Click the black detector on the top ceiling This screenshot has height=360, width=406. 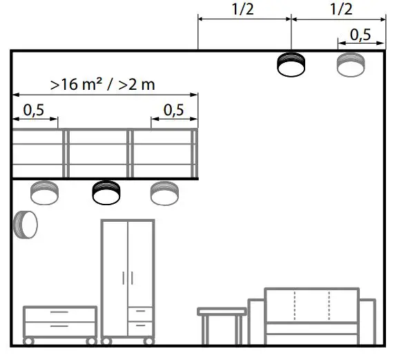point(290,64)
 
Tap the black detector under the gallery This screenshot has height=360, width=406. point(106,191)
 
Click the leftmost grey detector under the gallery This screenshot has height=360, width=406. point(46,191)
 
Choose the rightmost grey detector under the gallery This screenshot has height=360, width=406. point(165,191)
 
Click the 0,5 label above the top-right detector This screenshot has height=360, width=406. point(359,34)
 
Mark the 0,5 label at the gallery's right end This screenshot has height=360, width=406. point(174,109)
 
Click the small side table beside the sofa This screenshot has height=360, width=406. point(222,314)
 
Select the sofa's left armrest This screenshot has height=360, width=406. point(255,321)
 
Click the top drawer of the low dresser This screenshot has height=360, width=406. point(59,314)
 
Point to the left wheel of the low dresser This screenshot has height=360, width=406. point(28,341)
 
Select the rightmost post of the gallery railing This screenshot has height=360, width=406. point(195,153)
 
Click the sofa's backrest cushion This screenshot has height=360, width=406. point(312,304)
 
